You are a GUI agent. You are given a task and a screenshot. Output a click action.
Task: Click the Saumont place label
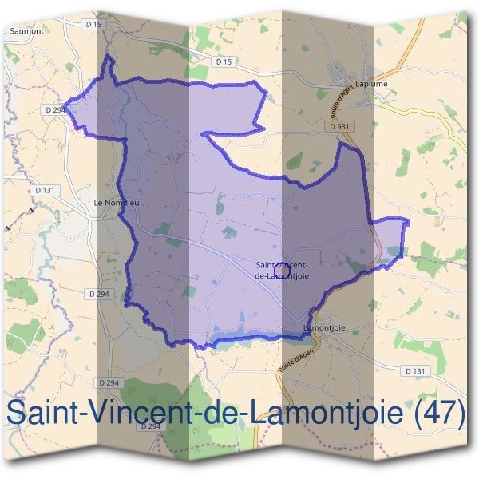(x=26, y=31)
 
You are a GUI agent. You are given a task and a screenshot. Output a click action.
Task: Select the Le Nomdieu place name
(x=117, y=203)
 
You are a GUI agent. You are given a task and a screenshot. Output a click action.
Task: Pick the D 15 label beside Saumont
(x=93, y=25)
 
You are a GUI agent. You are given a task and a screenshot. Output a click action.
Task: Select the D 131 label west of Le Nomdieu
(x=45, y=190)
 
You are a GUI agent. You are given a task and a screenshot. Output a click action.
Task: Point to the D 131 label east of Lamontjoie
(x=414, y=371)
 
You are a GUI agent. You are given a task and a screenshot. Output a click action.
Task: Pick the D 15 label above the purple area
(x=223, y=61)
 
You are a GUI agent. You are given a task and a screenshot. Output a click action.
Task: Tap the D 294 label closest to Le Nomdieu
(x=99, y=294)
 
